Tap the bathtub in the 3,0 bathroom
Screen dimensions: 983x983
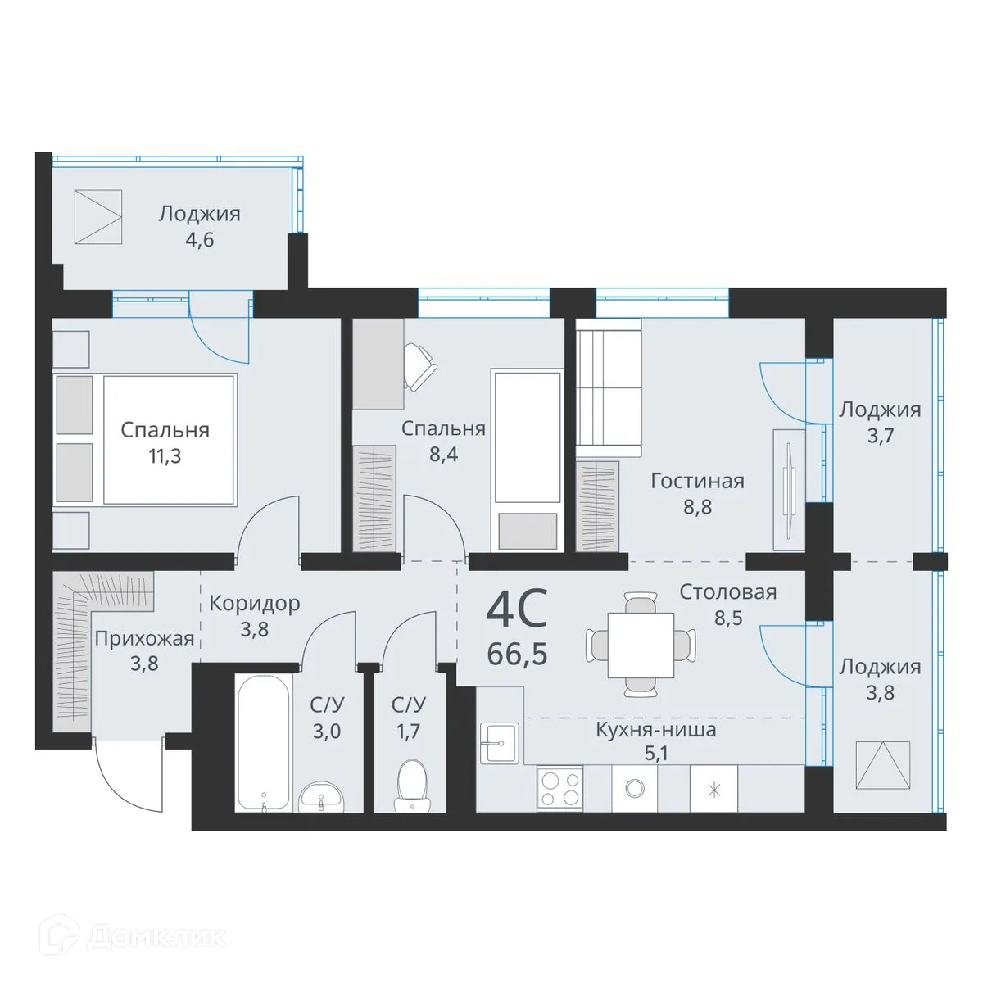(262, 741)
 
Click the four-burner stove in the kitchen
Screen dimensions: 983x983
(559, 789)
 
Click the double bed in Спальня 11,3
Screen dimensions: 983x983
(168, 439)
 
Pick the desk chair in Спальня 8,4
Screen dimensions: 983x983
(420, 366)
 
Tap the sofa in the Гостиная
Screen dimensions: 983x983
(608, 389)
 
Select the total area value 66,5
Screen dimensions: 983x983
(516, 655)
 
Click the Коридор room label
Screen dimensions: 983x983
(254, 604)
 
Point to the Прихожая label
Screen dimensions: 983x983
(144, 638)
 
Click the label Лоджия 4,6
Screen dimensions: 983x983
(199, 215)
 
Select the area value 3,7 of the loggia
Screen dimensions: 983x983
(879, 436)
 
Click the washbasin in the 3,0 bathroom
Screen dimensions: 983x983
(323, 796)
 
